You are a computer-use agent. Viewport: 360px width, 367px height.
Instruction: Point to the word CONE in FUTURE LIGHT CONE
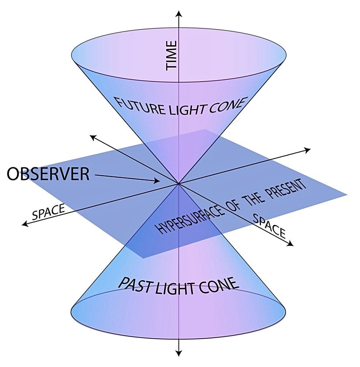pyautogui.click(x=225, y=104)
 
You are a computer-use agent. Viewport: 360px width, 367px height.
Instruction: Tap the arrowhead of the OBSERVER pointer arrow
pyautogui.click(x=158, y=181)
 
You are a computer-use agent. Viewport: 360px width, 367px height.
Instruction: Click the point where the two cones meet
pyautogui.click(x=178, y=184)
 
